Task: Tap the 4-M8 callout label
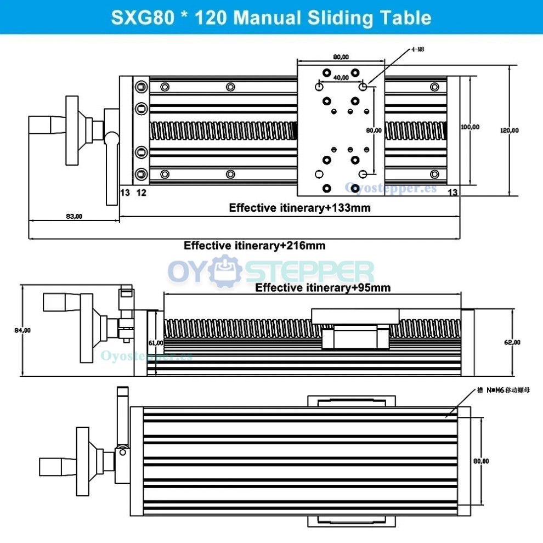(418, 49)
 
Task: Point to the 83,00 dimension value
(73, 216)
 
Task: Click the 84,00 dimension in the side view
(22, 330)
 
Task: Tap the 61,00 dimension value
(156, 343)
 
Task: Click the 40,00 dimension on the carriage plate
(341, 77)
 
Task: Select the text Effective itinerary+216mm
(254, 245)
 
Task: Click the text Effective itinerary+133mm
(299, 208)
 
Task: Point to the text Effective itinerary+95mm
(323, 287)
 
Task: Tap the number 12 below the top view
(141, 192)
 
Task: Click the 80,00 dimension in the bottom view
(481, 461)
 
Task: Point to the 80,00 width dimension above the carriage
(341, 56)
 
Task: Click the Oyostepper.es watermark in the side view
(146, 355)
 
